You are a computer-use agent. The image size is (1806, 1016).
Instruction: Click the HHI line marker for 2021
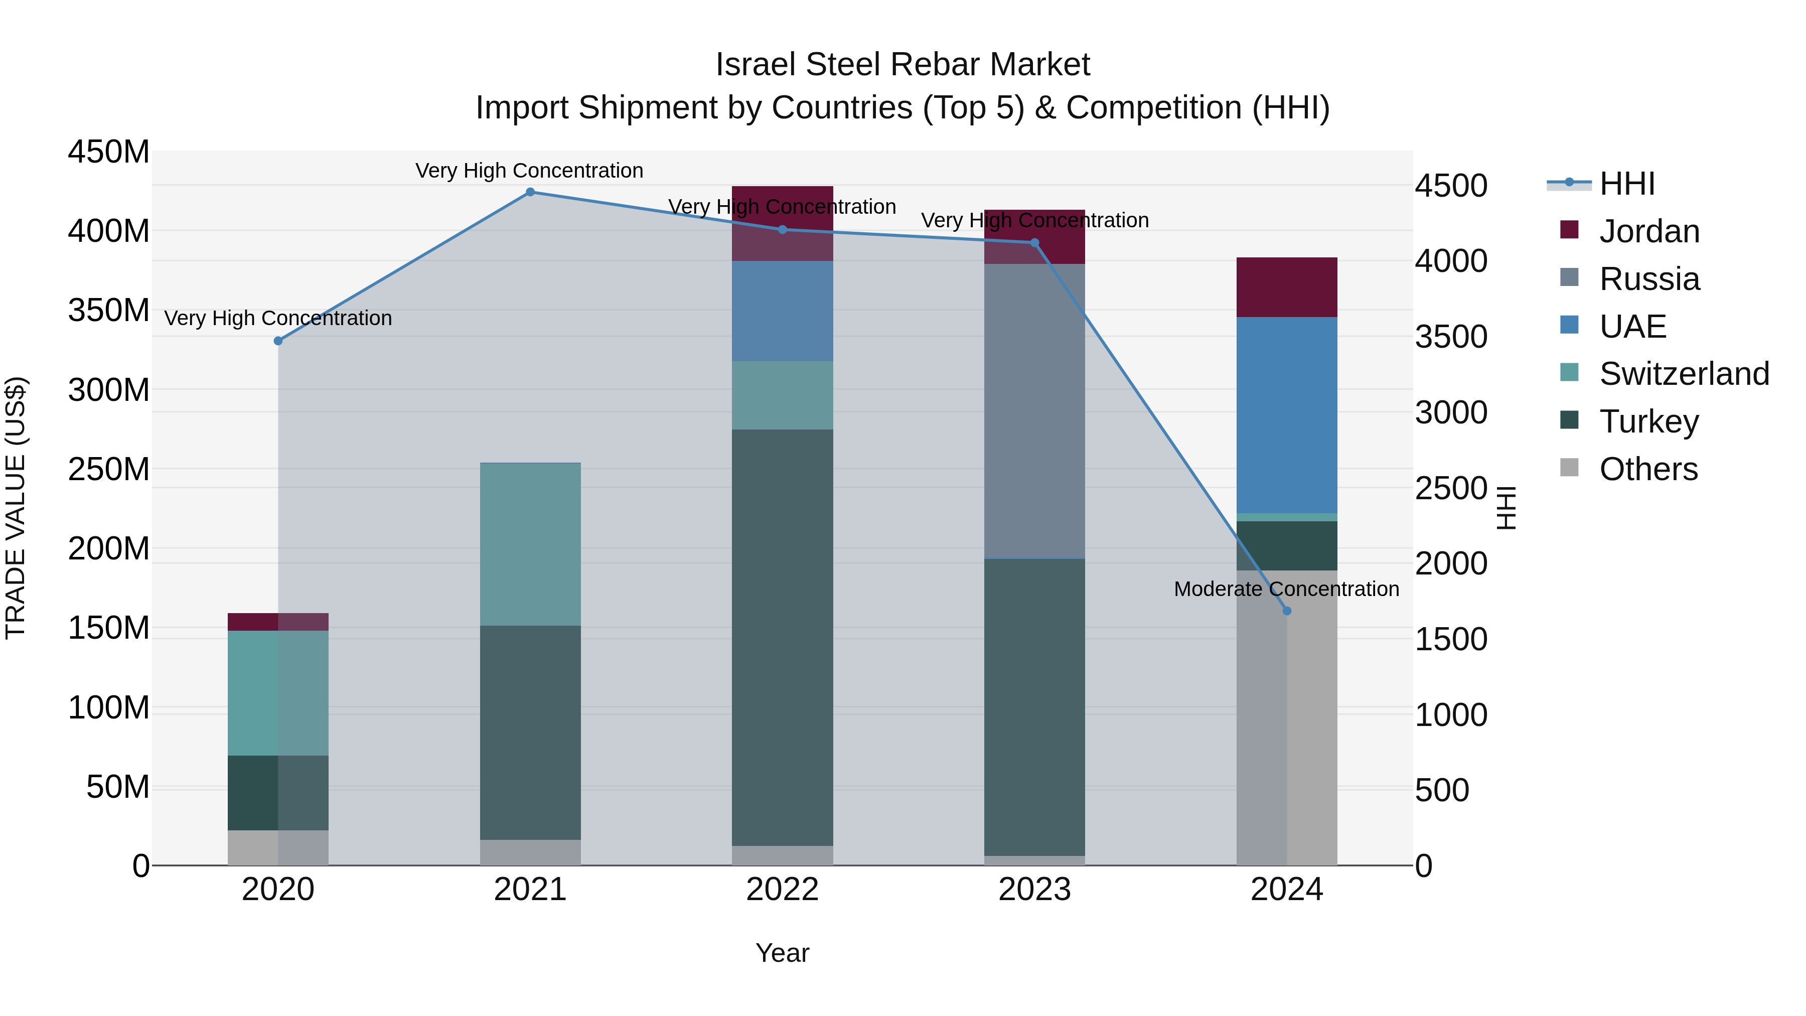[x=530, y=192]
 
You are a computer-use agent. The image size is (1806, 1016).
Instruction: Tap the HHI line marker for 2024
[x=1286, y=611]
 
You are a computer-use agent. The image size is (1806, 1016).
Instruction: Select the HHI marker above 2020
[x=278, y=341]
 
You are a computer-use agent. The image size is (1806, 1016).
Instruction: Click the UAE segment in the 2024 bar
[x=1286, y=415]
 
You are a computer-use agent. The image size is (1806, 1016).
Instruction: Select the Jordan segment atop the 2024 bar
[x=1286, y=287]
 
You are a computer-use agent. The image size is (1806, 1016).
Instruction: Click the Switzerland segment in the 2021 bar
[x=530, y=544]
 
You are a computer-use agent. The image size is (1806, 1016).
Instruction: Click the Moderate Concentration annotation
[x=1286, y=589]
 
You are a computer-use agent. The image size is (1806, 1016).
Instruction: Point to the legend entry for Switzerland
[x=1684, y=374]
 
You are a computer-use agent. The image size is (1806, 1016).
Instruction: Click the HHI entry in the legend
[x=1626, y=184]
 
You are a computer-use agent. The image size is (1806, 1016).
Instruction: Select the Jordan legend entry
[x=1649, y=231]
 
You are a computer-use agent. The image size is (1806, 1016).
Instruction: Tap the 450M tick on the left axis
[x=109, y=152]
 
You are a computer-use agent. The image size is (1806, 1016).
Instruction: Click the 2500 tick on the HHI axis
[x=1450, y=488]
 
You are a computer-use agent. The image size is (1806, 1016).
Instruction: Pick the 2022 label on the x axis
[x=783, y=890]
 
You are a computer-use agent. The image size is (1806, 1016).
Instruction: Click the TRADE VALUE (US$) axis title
[x=16, y=508]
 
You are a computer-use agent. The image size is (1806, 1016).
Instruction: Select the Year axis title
[x=783, y=953]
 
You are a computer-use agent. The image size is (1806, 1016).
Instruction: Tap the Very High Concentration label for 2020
[x=278, y=318]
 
